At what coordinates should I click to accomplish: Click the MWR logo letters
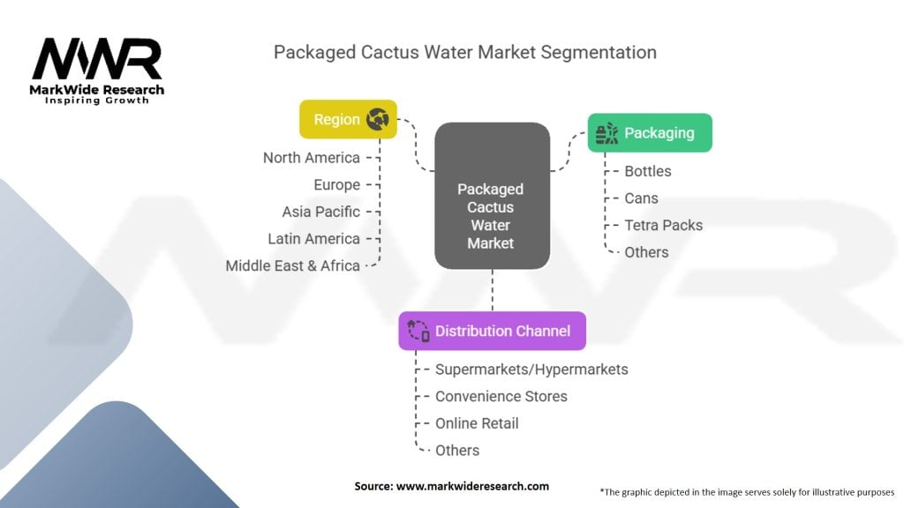(x=97, y=59)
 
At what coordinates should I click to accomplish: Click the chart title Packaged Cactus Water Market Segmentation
(x=464, y=52)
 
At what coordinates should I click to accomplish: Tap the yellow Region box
(x=348, y=119)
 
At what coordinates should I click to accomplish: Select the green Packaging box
(x=650, y=133)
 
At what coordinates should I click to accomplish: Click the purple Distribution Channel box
(x=492, y=331)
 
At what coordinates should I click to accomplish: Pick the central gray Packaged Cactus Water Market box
(x=491, y=196)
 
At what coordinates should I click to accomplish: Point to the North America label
(x=311, y=158)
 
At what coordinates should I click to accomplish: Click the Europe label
(x=336, y=184)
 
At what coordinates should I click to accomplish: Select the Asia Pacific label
(x=320, y=212)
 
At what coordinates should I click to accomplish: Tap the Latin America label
(x=313, y=238)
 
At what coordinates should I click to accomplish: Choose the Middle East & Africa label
(x=292, y=265)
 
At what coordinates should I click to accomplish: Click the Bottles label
(x=647, y=171)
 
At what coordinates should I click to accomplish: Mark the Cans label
(x=641, y=198)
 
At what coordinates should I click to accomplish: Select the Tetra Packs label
(x=663, y=225)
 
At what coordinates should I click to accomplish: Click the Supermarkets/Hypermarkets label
(x=531, y=370)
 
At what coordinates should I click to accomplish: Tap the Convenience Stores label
(x=501, y=396)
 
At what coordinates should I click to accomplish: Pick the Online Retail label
(x=477, y=423)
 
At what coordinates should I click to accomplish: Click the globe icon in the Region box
(x=378, y=119)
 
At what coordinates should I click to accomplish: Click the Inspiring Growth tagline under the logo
(x=97, y=101)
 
